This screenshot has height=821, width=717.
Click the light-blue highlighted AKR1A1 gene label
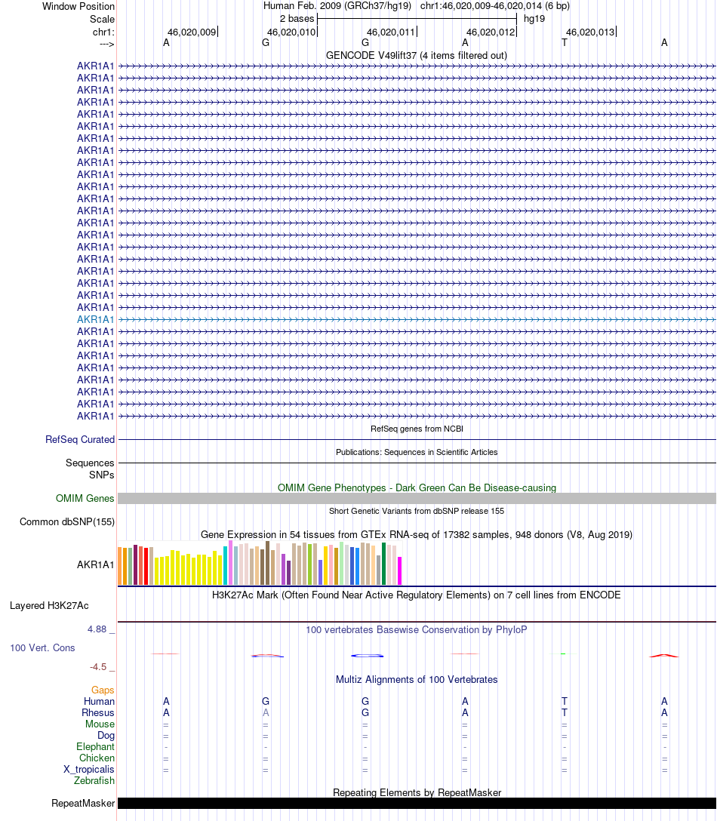click(95, 319)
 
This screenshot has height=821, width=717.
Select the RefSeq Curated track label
click(80, 439)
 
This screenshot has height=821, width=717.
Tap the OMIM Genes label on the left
click(85, 498)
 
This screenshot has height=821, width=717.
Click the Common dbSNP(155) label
click(67, 521)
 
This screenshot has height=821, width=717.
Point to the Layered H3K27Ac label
click(49, 605)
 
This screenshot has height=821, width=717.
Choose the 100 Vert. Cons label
click(42, 647)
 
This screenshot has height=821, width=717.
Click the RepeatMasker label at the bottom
click(82, 803)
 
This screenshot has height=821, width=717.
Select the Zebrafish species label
click(94, 780)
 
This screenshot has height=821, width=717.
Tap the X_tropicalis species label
click(89, 769)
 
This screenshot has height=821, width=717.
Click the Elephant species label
click(95, 746)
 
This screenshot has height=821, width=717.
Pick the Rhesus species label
click(98, 712)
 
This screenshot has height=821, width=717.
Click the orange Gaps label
click(103, 690)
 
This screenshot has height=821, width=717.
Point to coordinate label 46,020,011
click(391, 32)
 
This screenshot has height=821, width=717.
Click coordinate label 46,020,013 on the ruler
click(590, 32)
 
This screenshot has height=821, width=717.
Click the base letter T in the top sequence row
click(565, 42)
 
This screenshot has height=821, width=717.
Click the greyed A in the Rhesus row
click(266, 712)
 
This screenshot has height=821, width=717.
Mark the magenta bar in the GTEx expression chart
click(400, 570)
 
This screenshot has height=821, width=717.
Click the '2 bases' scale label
click(297, 18)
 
